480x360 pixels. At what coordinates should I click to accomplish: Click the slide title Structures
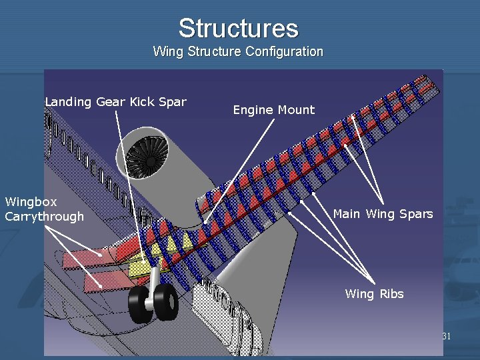pos(238,28)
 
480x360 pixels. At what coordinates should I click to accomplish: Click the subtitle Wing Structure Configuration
pos(238,51)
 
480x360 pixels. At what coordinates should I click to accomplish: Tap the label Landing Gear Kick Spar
pos(115,102)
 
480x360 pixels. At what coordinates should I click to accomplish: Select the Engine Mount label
pos(273,110)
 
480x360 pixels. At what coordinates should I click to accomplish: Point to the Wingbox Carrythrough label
pos(44,209)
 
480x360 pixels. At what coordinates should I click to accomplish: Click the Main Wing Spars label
pos(383,214)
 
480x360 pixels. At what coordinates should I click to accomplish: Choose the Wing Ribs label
pos(374,294)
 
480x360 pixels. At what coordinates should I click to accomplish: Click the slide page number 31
pos(447,337)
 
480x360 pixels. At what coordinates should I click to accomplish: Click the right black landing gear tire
pos(167,301)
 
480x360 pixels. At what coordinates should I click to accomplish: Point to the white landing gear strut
pos(154,280)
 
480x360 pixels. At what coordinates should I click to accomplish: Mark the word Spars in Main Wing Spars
pos(416,214)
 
